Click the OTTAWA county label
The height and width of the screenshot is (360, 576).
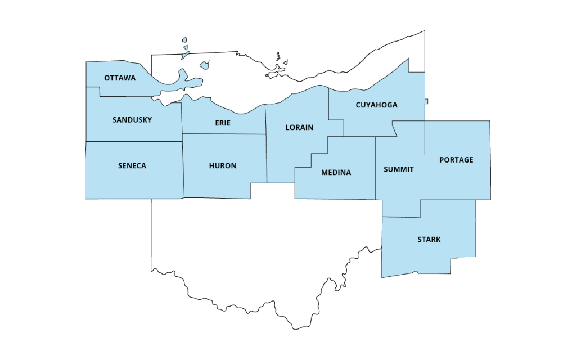[x=120, y=78]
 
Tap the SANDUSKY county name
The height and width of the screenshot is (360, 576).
[x=132, y=120]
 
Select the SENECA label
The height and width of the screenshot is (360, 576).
[x=132, y=165]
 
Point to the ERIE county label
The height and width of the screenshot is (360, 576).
[x=223, y=123]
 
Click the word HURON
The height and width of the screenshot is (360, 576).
[x=223, y=165]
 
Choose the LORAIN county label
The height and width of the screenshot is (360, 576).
[x=299, y=127]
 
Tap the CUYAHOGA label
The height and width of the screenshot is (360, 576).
[x=376, y=105]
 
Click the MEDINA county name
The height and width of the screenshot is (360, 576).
[x=336, y=172]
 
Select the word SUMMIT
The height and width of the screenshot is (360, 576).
[x=399, y=169]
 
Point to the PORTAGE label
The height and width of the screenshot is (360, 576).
[x=456, y=160]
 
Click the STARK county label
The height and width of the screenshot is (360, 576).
[x=429, y=240]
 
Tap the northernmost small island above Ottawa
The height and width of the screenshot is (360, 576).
[x=184, y=41]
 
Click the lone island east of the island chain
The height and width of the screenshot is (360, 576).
[x=204, y=66]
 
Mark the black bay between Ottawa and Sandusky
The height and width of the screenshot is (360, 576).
[x=169, y=97]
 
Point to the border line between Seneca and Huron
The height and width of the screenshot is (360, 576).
[x=183, y=169]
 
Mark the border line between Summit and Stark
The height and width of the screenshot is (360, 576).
[x=402, y=217]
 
